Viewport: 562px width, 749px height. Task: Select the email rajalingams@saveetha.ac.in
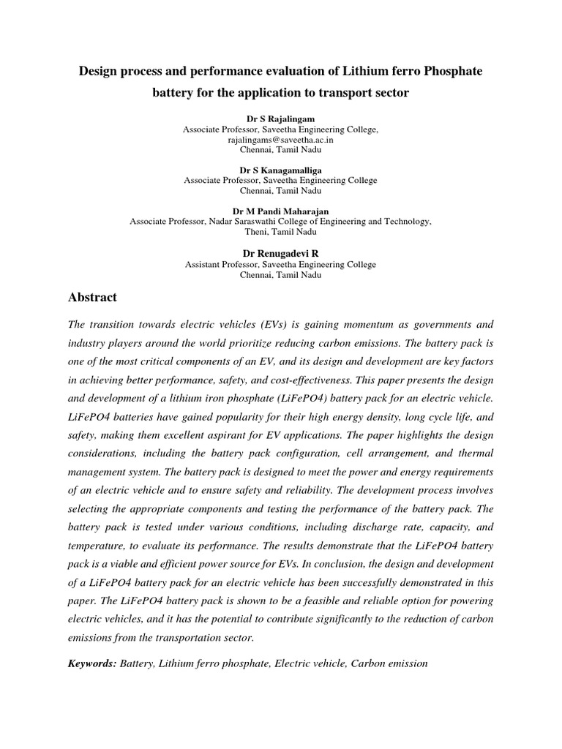[280, 139]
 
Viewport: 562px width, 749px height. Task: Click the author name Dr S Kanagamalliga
[280, 170]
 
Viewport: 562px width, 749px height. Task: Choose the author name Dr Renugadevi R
[280, 252]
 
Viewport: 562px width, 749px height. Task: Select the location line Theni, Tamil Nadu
[280, 231]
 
